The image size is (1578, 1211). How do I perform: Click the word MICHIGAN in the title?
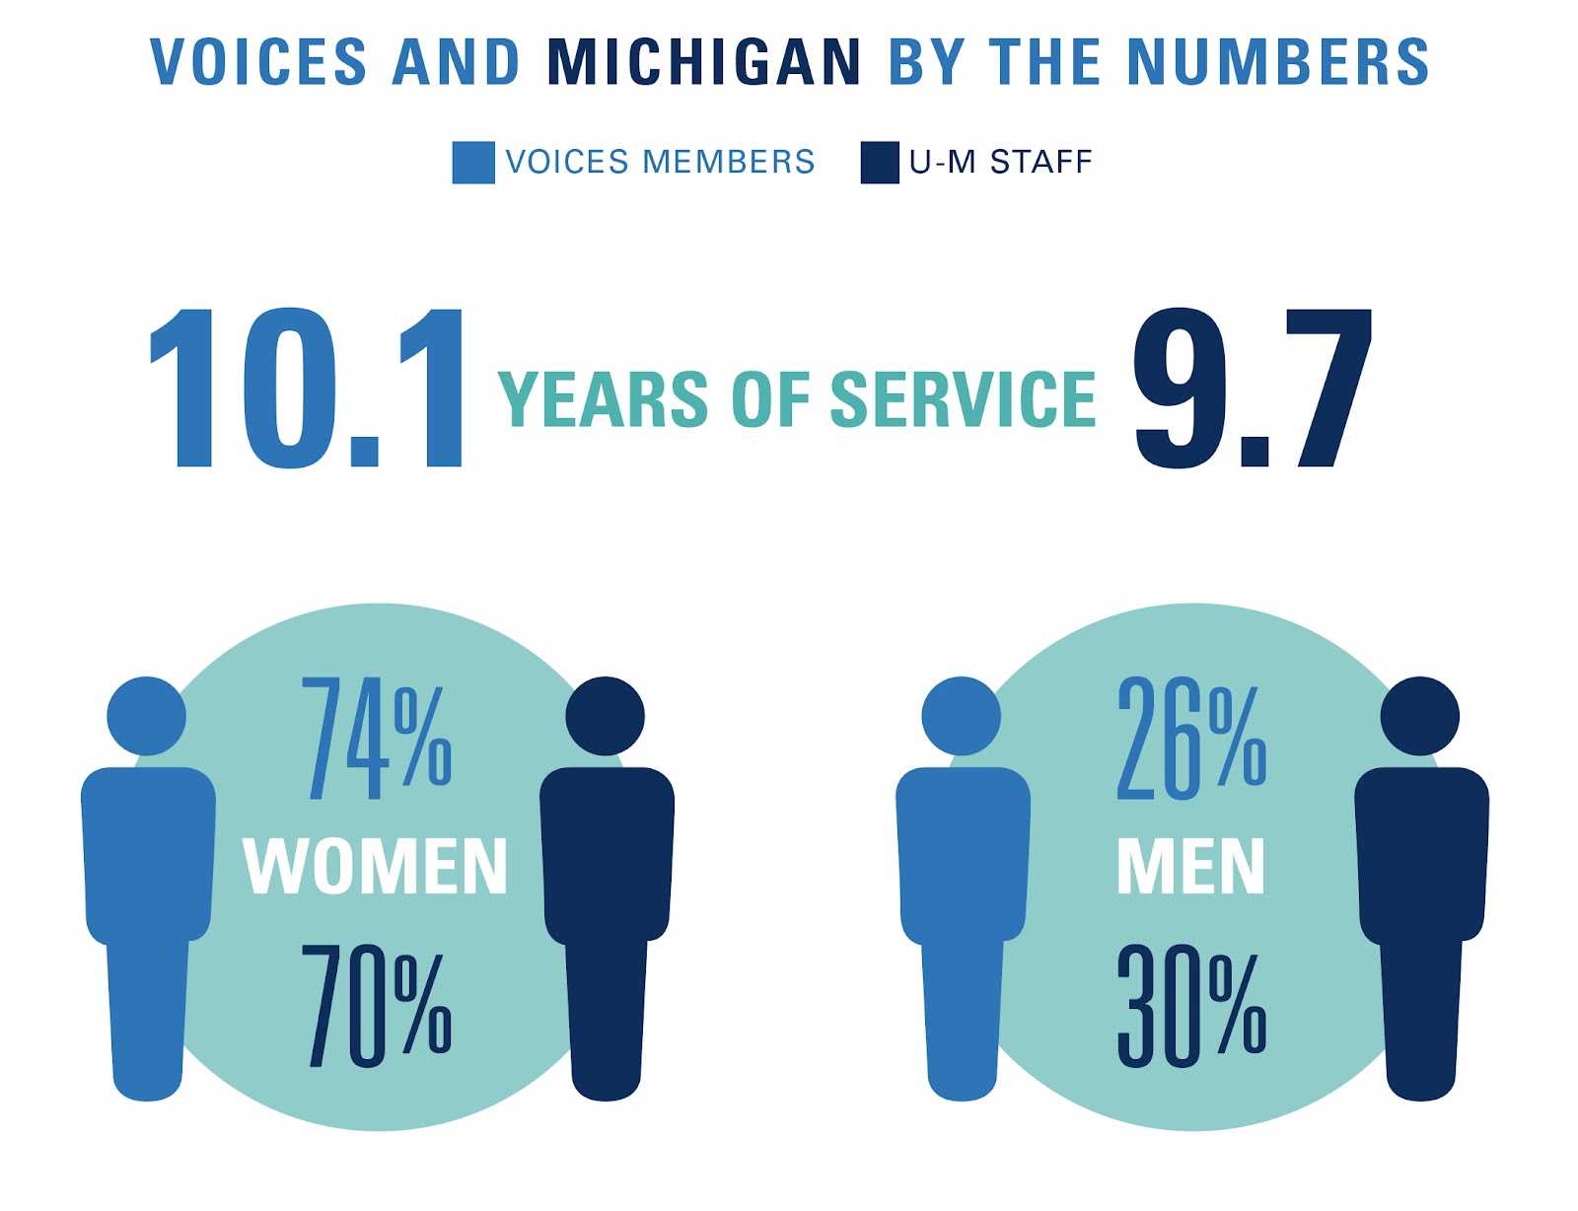point(704,62)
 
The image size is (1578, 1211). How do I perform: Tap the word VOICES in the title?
point(259,62)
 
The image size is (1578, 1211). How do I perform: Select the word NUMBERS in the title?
point(1278,62)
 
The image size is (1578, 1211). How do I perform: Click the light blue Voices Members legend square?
point(473,163)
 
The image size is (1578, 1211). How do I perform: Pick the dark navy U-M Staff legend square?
point(880,163)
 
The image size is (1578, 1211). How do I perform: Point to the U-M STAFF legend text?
point(1000,162)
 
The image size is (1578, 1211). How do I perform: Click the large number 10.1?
point(306,389)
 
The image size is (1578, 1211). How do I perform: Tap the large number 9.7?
point(1251,389)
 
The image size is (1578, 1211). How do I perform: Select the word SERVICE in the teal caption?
point(963,399)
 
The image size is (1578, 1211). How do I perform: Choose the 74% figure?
point(376,739)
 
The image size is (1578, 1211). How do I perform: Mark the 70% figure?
point(376,1006)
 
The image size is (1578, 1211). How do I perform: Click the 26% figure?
point(1190,739)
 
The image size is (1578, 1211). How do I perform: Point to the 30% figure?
point(1190,1006)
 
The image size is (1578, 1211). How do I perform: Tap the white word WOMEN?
point(376,868)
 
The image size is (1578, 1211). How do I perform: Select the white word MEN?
point(1190,868)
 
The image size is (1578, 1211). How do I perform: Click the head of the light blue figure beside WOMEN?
point(147,716)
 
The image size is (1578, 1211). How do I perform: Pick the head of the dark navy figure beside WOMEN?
point(606,716)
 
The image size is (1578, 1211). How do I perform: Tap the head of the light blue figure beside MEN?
point(962,716)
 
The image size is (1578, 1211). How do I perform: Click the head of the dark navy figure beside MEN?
point(1420,716)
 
